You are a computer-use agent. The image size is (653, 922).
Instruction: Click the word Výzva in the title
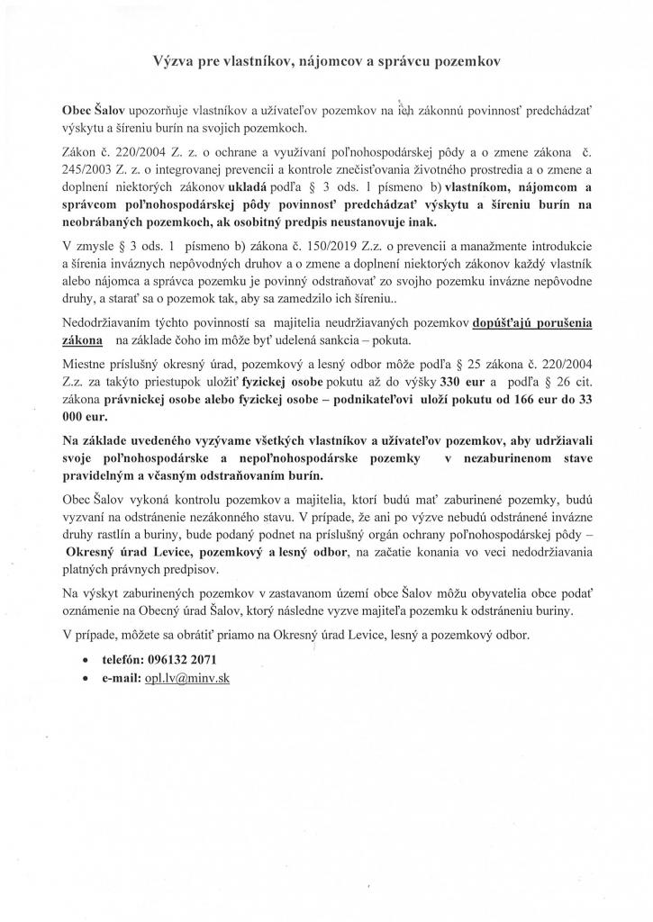point(169,62)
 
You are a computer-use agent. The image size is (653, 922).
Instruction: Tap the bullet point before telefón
point(86,660)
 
